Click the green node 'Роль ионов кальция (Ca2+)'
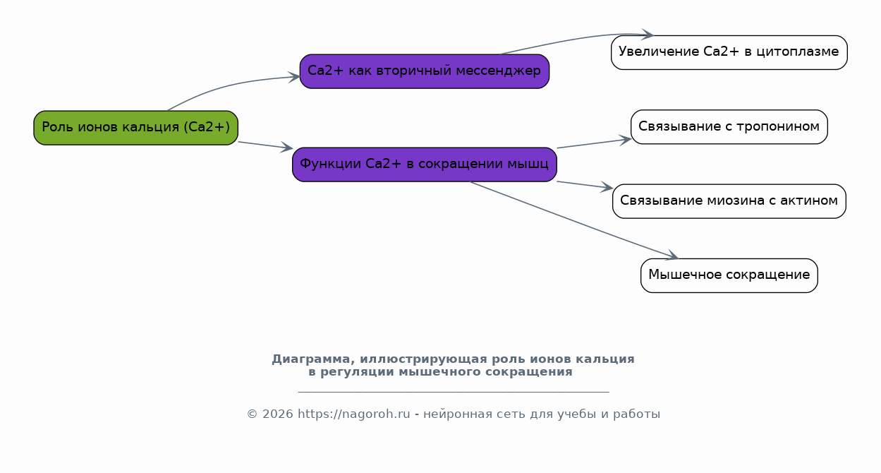point(135,128)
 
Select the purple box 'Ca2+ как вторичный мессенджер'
point(425,71)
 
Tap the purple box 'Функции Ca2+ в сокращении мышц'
point(425,164)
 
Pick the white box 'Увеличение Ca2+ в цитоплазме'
point(729,52)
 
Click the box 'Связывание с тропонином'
point(729,126)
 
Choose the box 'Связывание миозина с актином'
point(729,201)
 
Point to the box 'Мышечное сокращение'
point(729,275)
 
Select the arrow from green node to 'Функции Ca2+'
point(265,145)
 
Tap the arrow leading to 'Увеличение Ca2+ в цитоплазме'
point(574,40)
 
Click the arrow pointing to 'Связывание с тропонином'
point(595,143)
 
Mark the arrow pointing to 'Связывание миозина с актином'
point(585,185)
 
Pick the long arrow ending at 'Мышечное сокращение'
point(574,220)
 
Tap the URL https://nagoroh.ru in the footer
point(354,414)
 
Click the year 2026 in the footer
point(278,414)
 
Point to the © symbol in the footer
point(252,414)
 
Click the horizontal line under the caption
point(454,392)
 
